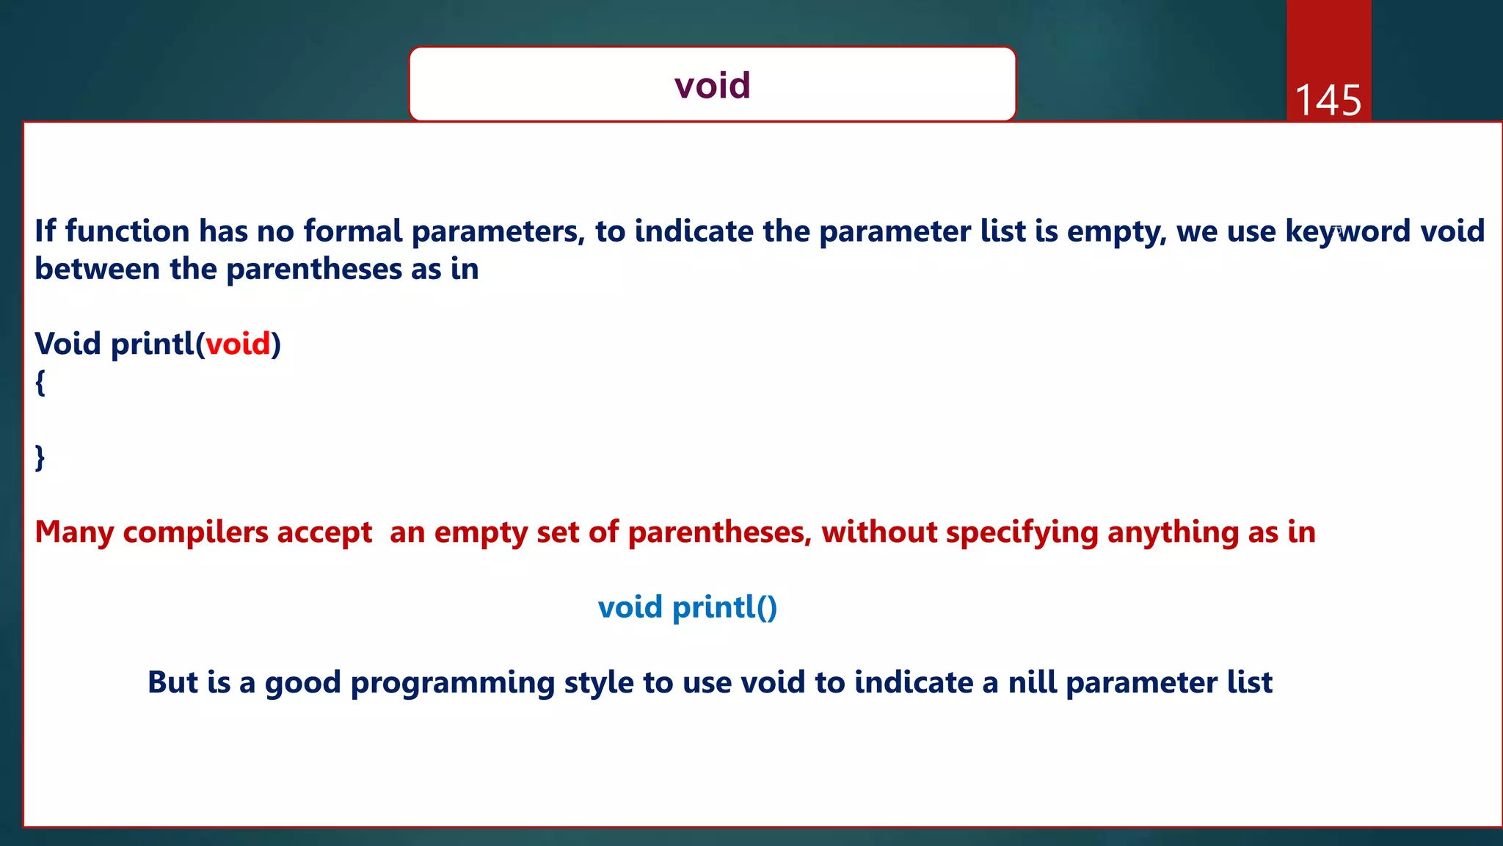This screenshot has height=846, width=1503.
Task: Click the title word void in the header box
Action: point(712,85)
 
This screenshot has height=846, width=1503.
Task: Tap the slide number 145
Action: point(1328,101)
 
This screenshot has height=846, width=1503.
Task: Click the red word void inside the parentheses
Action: point(238,344)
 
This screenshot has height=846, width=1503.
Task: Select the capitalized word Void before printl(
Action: point(68,344)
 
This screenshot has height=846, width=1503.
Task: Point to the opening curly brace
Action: point(40,382)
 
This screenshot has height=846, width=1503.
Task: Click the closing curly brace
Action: point(40,458)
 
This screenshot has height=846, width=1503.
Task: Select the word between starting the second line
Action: point(97,269)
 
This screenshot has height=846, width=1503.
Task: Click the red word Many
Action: point(74,532)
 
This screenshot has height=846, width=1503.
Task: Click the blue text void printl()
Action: point(687,607)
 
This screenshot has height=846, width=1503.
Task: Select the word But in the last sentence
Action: point(172,682)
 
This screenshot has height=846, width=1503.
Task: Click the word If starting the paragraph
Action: point(45,231)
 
